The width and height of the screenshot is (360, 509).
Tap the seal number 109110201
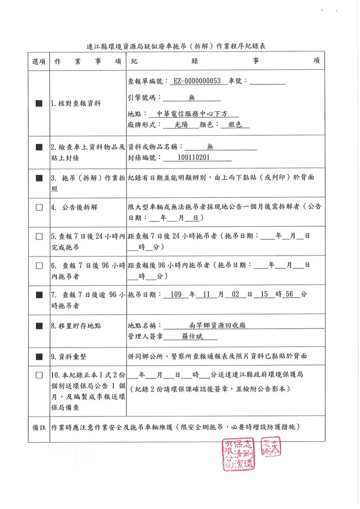tap(188, 158)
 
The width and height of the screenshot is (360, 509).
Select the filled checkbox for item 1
tap(39, 103)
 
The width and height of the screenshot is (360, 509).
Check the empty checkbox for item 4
tap(39, 208)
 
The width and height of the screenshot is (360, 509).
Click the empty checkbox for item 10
tap(39, 375)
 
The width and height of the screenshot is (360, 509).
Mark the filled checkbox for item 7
tap(39, 295)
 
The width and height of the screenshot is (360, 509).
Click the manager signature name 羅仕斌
tap(192, 337)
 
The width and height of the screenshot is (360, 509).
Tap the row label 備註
tap(39, 427)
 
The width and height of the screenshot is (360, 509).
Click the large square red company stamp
tap(239, 451)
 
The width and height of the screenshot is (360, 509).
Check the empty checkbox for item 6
tap(39, 266)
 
